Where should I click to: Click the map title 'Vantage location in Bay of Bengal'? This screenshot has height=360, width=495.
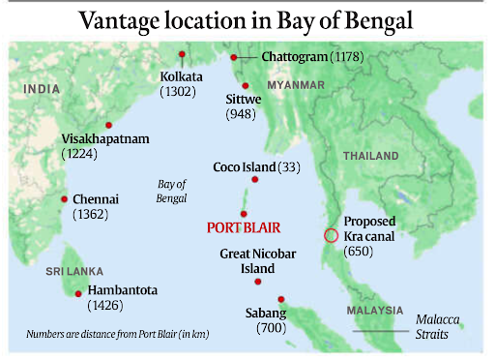[247, 20]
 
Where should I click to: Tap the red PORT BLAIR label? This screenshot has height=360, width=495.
[244, 228]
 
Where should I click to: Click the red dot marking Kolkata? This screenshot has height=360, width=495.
[182, 55]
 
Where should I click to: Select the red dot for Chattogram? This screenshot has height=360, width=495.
[234, 58]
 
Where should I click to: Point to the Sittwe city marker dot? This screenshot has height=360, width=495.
[246, 86]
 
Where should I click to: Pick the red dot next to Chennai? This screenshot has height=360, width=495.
[63, 200]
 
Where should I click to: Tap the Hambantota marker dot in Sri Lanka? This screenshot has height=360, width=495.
[77, 293]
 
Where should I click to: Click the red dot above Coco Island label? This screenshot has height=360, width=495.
[255, 179]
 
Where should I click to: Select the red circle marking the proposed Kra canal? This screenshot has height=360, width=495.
[331, 235]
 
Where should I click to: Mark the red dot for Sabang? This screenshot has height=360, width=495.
[280, 299]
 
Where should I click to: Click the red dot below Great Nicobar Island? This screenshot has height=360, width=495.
[257, 283]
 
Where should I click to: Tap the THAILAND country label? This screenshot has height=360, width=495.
[368, 156]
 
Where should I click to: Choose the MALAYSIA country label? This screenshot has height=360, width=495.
[373, 310]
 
